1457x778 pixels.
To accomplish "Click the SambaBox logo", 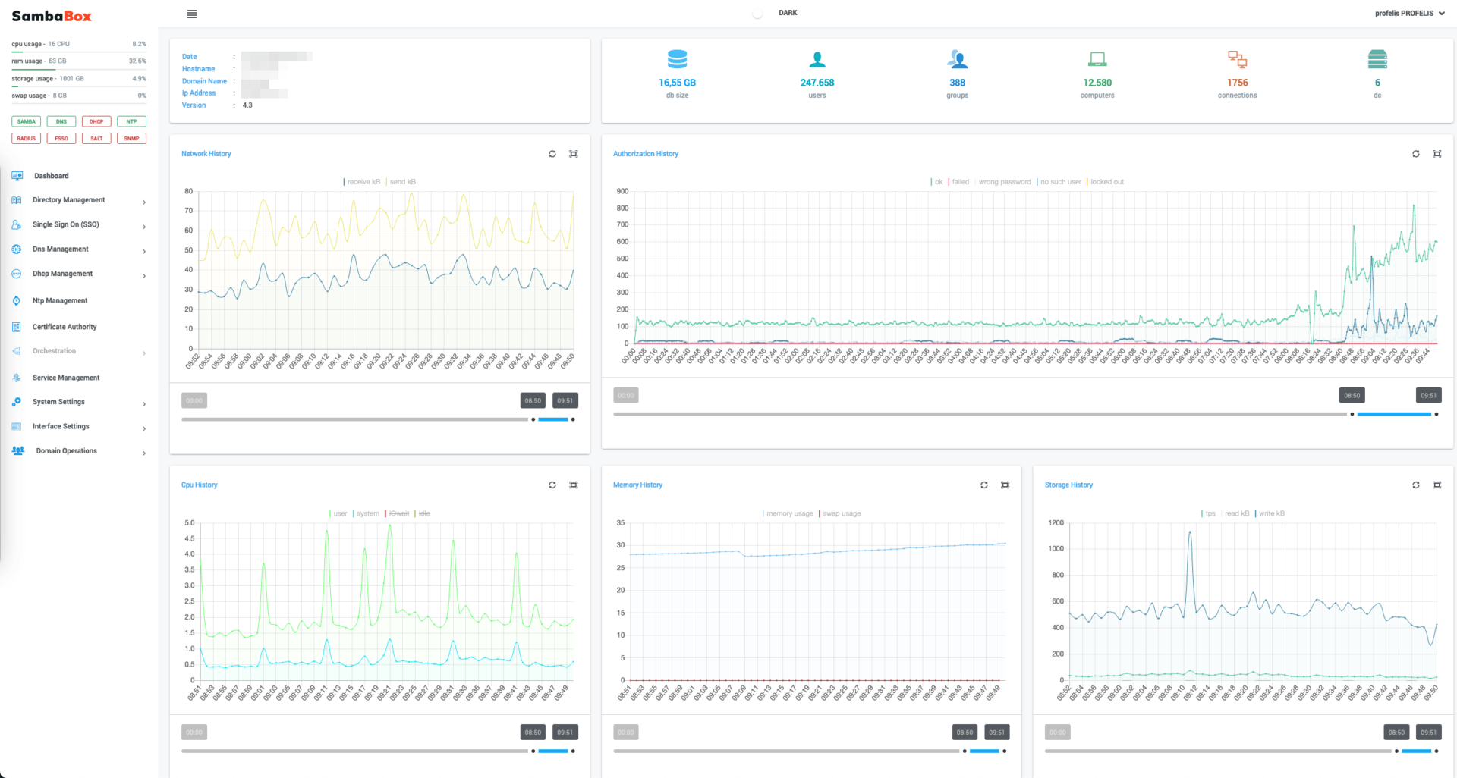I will (52, 16).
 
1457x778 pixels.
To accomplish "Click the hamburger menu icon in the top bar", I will (192, 14).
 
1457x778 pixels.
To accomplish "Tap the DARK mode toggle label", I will (788, 13).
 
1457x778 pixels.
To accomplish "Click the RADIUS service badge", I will (27, 139).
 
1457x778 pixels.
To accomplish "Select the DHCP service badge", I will (96, 121).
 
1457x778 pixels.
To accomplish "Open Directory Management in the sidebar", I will (69, 200).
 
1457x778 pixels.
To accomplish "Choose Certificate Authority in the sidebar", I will (65, 327).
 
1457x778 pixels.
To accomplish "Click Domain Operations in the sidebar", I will (67, 451).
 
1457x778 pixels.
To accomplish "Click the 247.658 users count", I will (817, 83).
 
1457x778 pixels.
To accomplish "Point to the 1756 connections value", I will (1237, 83).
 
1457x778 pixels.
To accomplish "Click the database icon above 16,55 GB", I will (677, 59).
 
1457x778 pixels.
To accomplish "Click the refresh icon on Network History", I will (552, 154).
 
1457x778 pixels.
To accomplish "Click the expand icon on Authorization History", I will (1437, 154).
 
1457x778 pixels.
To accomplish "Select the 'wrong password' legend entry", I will (1004, 182).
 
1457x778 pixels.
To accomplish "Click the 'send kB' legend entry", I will (402, 182).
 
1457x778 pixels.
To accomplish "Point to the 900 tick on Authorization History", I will (622, 191).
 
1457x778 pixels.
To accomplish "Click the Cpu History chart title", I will (199, 485).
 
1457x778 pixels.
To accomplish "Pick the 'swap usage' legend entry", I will (842, 513).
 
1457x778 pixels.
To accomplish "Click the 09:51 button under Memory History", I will (996, 733).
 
